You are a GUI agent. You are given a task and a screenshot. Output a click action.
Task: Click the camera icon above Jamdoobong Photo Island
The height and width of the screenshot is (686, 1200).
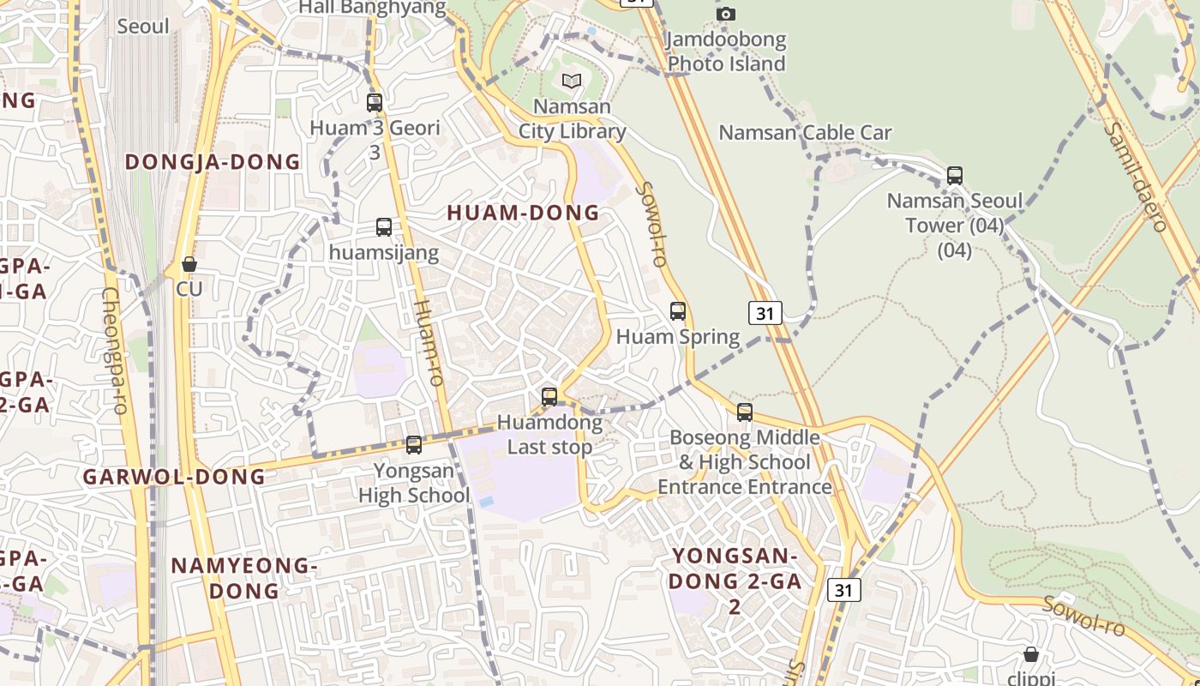click(x=726, y=14)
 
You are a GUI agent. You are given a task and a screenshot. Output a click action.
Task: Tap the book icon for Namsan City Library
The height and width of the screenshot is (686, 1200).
click(x=572, y=81)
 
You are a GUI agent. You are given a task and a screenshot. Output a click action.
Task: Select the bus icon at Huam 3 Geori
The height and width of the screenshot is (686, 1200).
click(x=375, y=103)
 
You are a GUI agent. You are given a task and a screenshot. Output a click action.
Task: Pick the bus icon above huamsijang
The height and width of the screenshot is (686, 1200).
click(x=384, y=227)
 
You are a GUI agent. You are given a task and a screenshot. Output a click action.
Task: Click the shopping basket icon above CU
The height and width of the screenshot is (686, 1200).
click(x=189, y=264)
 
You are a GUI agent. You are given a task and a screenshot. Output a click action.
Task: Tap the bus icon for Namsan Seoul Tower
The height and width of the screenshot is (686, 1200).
click(x=955, y=176)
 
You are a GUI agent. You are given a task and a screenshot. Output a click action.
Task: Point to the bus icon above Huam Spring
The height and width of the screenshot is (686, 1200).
click(x=678, y=311)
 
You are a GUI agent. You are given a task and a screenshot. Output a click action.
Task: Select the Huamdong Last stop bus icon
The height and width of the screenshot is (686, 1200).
click(x=549, y=397)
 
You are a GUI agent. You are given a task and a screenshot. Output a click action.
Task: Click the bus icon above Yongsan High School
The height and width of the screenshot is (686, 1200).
click(x=414, y=445)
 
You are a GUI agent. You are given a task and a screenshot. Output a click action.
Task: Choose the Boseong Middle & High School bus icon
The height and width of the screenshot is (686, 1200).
click(x=745, y=412)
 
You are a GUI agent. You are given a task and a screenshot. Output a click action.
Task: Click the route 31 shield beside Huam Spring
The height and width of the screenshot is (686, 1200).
click(x=765, y=313)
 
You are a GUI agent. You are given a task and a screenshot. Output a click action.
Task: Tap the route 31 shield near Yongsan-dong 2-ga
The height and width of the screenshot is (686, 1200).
click(x=844, y=590)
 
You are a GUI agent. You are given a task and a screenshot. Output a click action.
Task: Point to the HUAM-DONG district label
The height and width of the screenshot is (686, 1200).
click(x=523, y=214)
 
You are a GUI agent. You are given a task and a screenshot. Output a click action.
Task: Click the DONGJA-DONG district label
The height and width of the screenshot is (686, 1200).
click(x=213, y=162)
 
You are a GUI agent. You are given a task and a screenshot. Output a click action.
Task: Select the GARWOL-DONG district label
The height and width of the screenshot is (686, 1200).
click(x=174, y=477)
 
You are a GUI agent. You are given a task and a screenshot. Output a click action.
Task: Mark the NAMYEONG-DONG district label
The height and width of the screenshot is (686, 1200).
click(x=244, y=578)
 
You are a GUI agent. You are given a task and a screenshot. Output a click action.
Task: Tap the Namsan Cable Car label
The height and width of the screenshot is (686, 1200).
click(x=805, y=133)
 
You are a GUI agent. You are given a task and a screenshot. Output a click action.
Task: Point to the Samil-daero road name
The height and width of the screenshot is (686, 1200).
click(x=1136, y=175)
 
